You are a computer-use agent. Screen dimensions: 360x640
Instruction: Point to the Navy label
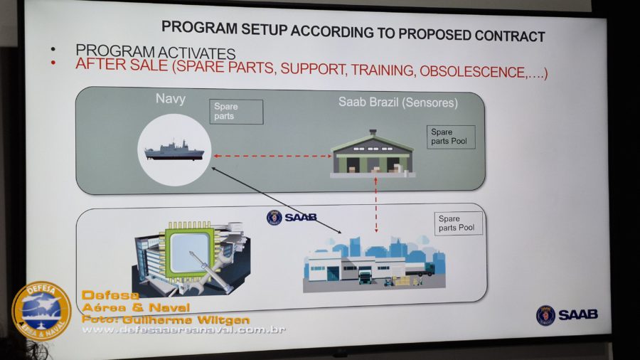point(170,99)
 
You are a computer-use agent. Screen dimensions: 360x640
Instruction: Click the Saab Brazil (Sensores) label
point(398,103)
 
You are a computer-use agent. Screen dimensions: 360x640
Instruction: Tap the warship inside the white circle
point(174,152)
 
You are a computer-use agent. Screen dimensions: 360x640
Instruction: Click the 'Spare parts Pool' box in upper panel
point(452,137)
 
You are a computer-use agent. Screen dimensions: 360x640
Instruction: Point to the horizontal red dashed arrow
point(272,156)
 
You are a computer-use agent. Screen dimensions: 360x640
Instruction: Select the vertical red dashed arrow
point(375,206)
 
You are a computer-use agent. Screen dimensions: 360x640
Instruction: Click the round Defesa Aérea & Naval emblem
point(41,311)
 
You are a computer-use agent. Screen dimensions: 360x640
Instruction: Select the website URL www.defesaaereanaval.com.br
point(183,330)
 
